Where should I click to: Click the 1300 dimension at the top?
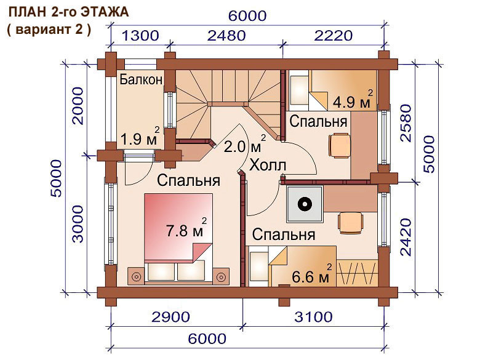pyautogui.click(x=140, y=36)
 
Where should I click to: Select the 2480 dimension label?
pyautogui.click(x=226, y=36)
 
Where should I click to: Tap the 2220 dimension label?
pyautogui.click(x=334, y=36)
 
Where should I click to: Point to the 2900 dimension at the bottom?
pyautogui.click(x=171, y=317)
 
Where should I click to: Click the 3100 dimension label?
pyautogui.click(x=313, y=317)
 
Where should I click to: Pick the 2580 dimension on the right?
pyautogui.click(x=406, y=123)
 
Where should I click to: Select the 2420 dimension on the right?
pyautogui.click(x=406, y=237)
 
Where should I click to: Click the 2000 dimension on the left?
pyautogui.click(x=78, y=106)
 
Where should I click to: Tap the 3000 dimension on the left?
pyautogui.click(x=78, y=224)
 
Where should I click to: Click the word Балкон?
pyautogui.click(x=141, y=79)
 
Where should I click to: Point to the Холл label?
pyautogui.click(x=268, y=166)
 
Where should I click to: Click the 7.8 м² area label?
pyautogui.click(x=186, y=228)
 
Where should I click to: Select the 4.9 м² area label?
pyautogui.click(x=353, y=100)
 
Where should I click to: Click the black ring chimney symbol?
pyautogui.click(x=305, y=204)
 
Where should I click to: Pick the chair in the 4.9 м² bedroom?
pyautogui.click(x=340, y=145)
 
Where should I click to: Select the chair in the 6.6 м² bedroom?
pyautogui.click(x=351, y=223)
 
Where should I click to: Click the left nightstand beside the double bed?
pyautogui.click(x=136, y=277)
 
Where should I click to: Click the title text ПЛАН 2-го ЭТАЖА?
pyautogui.click(x=69, y=12)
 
